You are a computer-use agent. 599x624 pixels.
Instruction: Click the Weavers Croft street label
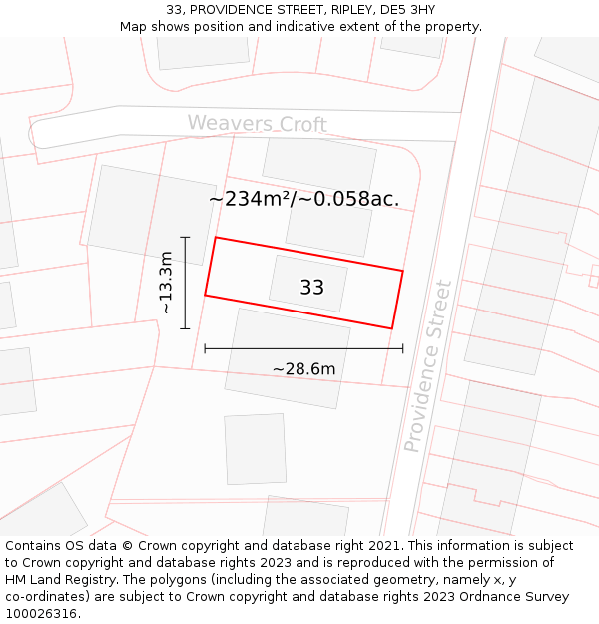pos(258,124)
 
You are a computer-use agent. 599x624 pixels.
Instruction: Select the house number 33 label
pos(311,288)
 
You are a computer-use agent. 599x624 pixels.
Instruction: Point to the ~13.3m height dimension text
pos(166,284)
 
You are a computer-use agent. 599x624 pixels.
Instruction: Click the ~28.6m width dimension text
pos(303,369)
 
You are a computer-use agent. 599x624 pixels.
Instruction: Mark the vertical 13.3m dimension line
pos(185,283)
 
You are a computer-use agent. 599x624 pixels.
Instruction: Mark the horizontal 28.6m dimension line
pos(303,348)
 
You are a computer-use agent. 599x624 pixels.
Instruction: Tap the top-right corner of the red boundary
pos(402,271)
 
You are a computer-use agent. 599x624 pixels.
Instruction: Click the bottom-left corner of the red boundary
pos(206,295)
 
